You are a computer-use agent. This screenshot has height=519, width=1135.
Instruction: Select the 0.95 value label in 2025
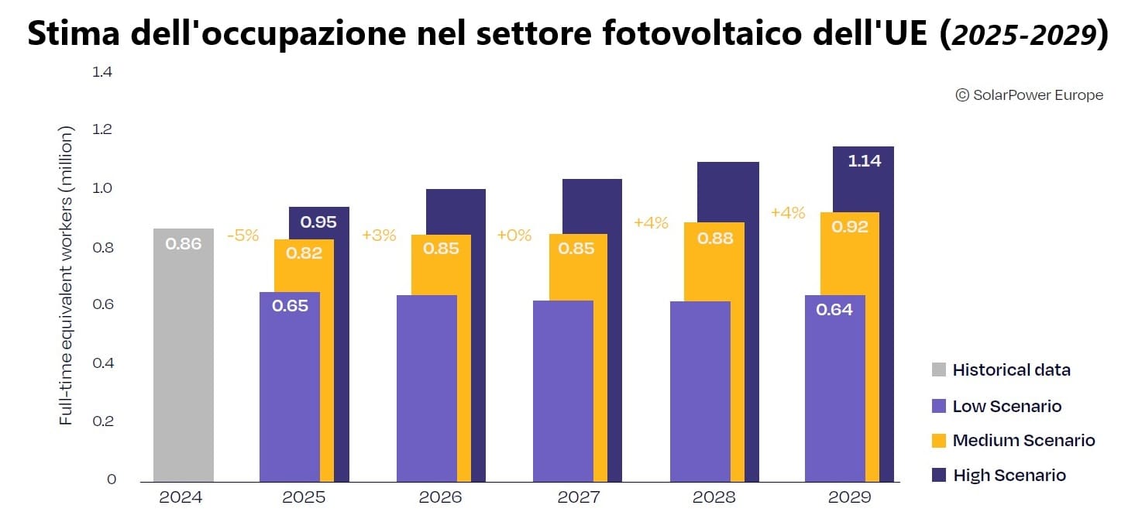coord(318,222)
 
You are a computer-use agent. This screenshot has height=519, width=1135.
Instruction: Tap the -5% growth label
coord(242,235)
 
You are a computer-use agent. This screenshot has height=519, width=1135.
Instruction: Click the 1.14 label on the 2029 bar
coord(864,161)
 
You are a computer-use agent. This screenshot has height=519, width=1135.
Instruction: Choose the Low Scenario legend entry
coord(1006,407)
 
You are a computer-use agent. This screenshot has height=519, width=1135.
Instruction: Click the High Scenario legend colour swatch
coord(938,476)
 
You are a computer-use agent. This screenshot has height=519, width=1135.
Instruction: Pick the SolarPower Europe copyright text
coord(1029,95)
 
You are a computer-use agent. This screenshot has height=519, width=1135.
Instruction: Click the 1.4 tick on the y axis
coord(102,72)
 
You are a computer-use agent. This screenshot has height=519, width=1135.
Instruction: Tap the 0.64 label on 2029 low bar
coord(834,310)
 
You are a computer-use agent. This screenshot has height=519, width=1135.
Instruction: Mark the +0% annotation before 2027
coord(514,235)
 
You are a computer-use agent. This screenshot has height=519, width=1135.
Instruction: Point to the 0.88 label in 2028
coord(715,239)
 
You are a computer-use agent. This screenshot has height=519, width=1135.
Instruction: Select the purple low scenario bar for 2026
coord(427,387)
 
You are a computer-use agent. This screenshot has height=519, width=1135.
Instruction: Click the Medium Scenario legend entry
coord(1023,441)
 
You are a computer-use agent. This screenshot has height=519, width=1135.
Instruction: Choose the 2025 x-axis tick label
coord(304,497)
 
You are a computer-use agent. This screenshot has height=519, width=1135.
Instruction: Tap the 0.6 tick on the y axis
coord(103,305)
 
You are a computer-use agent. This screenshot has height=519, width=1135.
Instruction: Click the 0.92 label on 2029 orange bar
coord(850,227)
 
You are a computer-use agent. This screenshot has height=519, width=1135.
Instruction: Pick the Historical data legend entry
coord(1011,370)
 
